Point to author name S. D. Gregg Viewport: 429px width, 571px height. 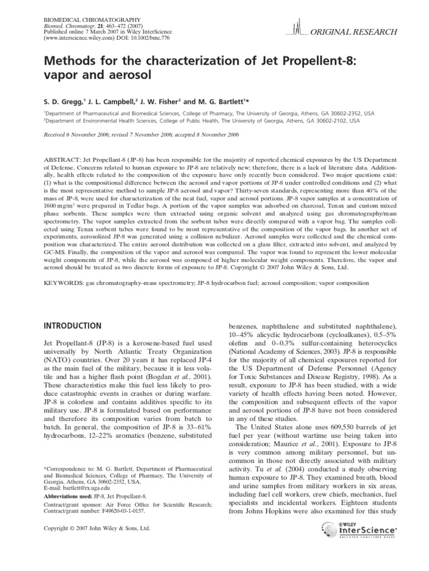pos(64,101)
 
